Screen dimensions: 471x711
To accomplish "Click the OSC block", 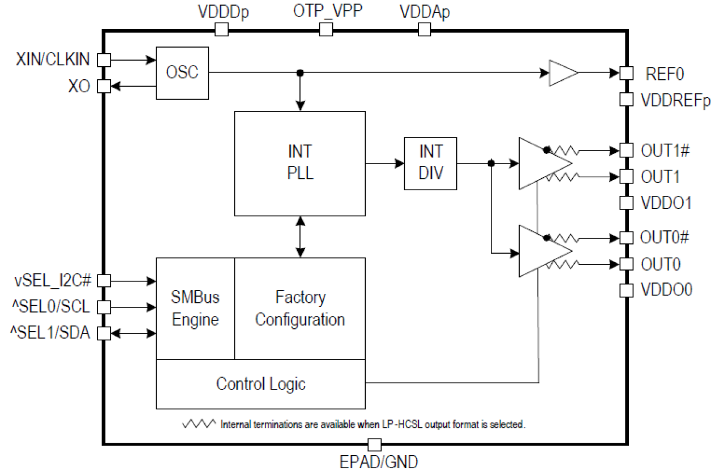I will [182, 73].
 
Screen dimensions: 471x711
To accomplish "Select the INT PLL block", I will [299, 163].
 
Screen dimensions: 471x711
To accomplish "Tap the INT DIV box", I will [430, 163].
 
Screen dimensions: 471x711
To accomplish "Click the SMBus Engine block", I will [195, 309].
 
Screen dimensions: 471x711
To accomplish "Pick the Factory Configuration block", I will [299, 309].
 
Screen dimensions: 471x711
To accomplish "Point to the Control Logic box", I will [260, 384].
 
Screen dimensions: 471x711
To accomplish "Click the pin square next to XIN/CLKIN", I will [104, 59].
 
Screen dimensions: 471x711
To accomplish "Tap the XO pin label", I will [79, 87].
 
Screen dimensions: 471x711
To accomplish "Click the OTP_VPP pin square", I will [325, 29].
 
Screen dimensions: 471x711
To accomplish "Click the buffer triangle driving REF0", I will [562, 73].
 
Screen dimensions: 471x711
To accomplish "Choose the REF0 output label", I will [665, 74].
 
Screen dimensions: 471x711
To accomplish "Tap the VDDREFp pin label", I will [675, 100].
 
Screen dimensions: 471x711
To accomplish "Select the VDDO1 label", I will [666, 203].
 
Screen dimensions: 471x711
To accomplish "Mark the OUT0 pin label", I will [660, 264].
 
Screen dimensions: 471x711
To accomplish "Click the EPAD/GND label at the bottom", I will [379, 462].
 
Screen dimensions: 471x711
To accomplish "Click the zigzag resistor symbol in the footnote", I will [199, 423].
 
